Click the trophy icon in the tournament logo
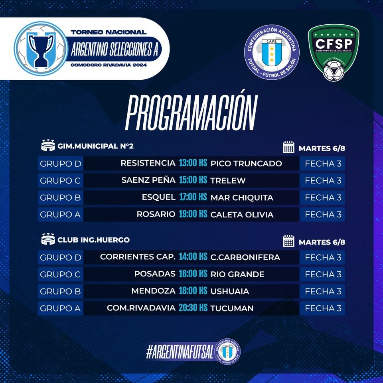pos(41,49)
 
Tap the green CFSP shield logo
pos(334,52)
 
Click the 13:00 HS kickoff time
pos(193,163)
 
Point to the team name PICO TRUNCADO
pos(246,164)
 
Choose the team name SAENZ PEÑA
pos(148,180)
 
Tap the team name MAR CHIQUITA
pos(242,197)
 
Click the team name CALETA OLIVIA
pos(242,215)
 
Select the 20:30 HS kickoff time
pos(193,308)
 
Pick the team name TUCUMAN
pos(232,308)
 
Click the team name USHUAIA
pos(230,291)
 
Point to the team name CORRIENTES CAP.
pos(138,257)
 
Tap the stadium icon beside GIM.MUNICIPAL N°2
pos(48,145)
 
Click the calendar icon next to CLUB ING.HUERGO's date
pos(288,241)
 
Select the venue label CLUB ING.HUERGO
pos(93,240)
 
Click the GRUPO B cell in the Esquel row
pos(60,197)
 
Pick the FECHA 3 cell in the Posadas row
pos(322,274)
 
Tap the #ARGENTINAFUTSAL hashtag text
pos(180,352)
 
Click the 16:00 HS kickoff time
pos(193,274)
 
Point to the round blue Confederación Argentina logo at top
pos(272,52)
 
